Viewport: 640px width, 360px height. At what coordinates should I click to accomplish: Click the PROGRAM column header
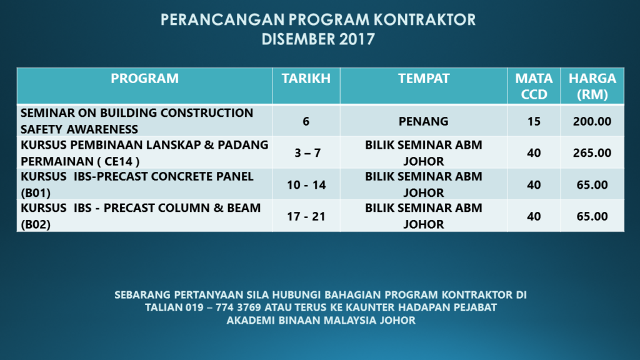pos(144,79)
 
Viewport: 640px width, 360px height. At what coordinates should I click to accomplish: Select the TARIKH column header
pos(306,79)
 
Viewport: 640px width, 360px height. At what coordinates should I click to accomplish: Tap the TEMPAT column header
pos(424,79)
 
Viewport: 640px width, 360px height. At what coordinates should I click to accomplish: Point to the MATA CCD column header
pos(534,86)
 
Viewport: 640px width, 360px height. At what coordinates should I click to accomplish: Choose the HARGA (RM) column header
pos(592,86)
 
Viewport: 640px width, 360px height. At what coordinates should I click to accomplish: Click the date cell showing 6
pos(306,121)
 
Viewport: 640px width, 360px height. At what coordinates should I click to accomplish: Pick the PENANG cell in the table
pos(424,121)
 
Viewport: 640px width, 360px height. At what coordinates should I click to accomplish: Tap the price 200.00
pos(592,121)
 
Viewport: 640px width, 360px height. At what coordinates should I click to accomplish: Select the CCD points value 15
pos(534,121)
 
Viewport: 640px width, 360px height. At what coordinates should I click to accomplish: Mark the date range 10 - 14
pos(306,185)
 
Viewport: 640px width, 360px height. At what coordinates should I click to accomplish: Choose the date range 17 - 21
pos(306,217)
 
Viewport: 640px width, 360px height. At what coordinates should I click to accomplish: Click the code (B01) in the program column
pos(36,192)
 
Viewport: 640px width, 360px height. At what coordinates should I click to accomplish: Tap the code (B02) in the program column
pos(36,224)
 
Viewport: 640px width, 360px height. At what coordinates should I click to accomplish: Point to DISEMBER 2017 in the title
pos(318,39)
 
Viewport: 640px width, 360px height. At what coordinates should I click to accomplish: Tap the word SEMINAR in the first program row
pos(46,113)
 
